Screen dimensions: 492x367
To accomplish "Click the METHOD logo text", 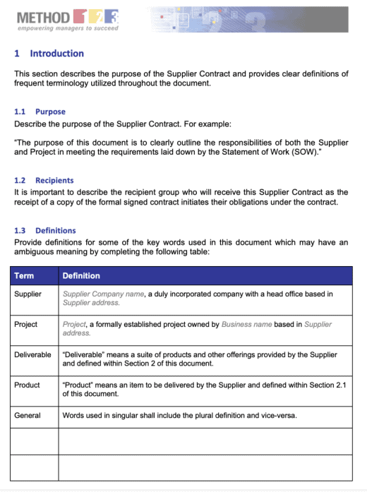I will [x=42, y=16].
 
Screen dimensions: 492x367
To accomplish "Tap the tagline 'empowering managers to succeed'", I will [x=68, y=29].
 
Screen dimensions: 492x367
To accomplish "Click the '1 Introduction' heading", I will [x=49, y=54].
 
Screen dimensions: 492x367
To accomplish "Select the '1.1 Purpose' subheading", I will [x=40, y=112].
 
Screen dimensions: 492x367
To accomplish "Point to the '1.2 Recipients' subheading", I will [x=44, y=181].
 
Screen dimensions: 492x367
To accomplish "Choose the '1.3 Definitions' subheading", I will [x=45, y=231].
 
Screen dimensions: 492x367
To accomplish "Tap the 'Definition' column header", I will [x=81, y=275].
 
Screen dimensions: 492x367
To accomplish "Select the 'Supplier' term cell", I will [x=28, y=294].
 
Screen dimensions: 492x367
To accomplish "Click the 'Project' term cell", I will [x=26, y=325].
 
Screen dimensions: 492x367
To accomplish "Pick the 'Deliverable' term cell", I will [x=32, y=354].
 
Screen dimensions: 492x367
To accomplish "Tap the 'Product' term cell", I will [x=27, y=385].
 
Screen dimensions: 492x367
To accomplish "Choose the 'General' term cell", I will [x=28, y=416].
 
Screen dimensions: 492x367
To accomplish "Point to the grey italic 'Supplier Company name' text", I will [x=103, y=294].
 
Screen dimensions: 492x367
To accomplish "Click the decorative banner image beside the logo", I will [x=248, y=19].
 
